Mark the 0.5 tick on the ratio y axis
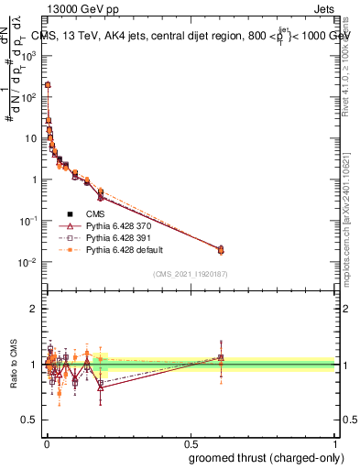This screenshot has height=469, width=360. (x=29, y=420)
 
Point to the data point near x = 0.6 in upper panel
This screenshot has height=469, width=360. (x=220, y=249)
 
